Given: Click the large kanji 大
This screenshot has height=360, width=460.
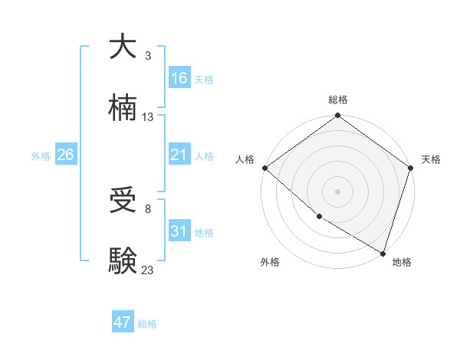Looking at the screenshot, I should [123, 47].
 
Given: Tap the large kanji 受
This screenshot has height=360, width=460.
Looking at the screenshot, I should [123, 200].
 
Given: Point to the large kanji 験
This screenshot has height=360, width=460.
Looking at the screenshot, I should [123, 260].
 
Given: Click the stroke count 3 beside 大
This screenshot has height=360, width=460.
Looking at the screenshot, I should [148, 56].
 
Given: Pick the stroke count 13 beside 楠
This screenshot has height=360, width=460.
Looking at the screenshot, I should [148, 117].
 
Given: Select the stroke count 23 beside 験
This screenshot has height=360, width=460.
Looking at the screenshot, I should [148, 270].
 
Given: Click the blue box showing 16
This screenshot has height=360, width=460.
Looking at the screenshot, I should [179, 77].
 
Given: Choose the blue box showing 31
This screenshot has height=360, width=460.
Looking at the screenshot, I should [179, 231].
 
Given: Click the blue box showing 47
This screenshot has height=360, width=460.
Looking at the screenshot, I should [123, 322].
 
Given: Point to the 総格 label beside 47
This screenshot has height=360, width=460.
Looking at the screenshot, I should [147, 324].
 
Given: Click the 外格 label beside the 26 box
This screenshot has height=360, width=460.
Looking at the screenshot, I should [41, 155].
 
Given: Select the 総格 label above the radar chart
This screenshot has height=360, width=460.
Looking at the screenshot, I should [337, 100].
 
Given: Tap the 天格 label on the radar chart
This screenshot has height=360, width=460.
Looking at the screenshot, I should [431, 159].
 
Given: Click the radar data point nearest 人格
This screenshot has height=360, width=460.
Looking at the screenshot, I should [264, 168].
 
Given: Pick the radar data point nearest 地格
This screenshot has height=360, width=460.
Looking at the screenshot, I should [383, 253].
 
